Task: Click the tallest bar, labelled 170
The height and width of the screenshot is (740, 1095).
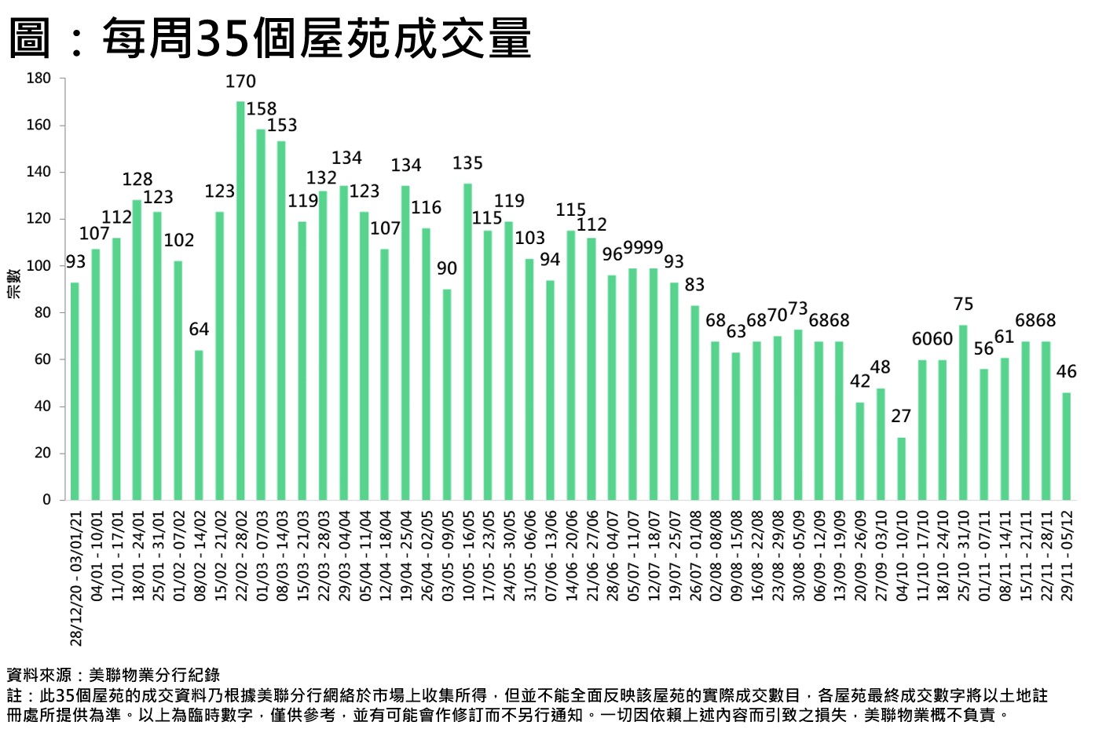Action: click(x=240, y=301)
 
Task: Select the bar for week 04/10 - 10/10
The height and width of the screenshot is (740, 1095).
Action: click(x=901, y=468)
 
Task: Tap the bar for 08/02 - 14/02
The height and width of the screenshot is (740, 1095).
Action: click(x=199, y=425)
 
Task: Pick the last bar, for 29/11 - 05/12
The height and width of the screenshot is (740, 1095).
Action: click(x=1066, y=446)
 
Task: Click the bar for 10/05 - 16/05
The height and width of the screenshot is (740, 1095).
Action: click(x=467, y=341)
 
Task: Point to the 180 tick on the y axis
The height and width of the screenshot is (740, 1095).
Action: click(x=39, y=78)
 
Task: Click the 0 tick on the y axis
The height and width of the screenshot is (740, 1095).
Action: click(x=46, y=500)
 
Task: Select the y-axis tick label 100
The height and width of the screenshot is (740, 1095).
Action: click(x=39, y=266)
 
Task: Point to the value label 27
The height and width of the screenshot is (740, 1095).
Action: click(x=901, y=416)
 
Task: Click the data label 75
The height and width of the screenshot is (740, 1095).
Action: click(x=963, y=304)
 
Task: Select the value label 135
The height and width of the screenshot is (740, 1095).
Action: click(x=467, y=163)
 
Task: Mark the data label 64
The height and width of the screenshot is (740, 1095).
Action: click(x=199, y=330)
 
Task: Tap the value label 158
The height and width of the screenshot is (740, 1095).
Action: click(x=262, y=109)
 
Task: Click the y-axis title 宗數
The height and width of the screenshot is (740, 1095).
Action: click(x=13, y=283)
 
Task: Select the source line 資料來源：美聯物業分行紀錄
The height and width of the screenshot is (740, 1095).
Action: click(x=113, y=675)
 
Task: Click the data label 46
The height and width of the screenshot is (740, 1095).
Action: click(x=1066, y=372)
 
